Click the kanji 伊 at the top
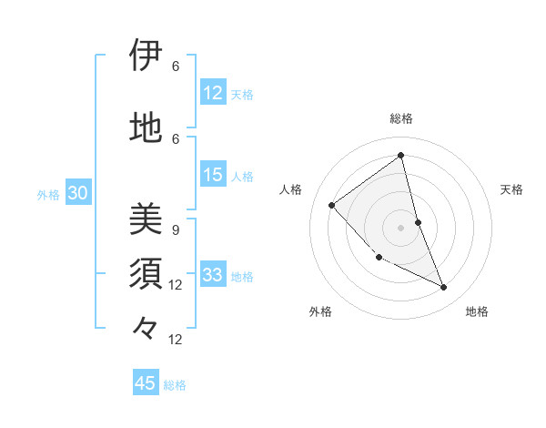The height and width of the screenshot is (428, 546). pyautogui.click(x=147, y=56)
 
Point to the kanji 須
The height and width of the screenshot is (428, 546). pyautogui.click(x=147, y=274)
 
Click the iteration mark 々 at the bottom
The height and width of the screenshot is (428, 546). pyautogui.click(x=147, y=327)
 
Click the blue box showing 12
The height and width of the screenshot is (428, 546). pyautogui.click(x=213, y=93)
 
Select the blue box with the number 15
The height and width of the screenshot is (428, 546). pyautogui.click(x=213, y=175)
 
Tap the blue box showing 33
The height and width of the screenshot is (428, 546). pyautogui.click(x=213, y=275)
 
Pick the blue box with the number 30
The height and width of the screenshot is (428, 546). pyautogui.click(x=78, y=193)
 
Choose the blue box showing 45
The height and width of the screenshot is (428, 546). pyautogui.click(x=146, y=383)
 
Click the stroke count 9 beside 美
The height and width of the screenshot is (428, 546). pyautogui.click(x=175, y=230)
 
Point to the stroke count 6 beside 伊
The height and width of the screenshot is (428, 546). pyautogui.click(x=175, y=66)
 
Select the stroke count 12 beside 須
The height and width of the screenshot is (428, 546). pyautogui.click(x=176, y=285)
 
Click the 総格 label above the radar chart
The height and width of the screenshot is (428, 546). pyautogui.click(x=401, y=119)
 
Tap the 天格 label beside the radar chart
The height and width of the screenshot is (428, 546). pyautogui.click(x=512, y=189)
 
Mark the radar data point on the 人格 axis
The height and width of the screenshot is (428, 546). pyautogui.click(x=332, y=205)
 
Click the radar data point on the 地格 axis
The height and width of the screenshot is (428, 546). pyautogui.click(x=444, y=288)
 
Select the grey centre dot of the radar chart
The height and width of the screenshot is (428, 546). pyautogui.click(x=401, y=227)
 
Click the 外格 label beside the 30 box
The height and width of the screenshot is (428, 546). pyautogui.click(x=48, y=194)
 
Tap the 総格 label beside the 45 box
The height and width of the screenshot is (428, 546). pyautogui.click(x=175, y=385)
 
